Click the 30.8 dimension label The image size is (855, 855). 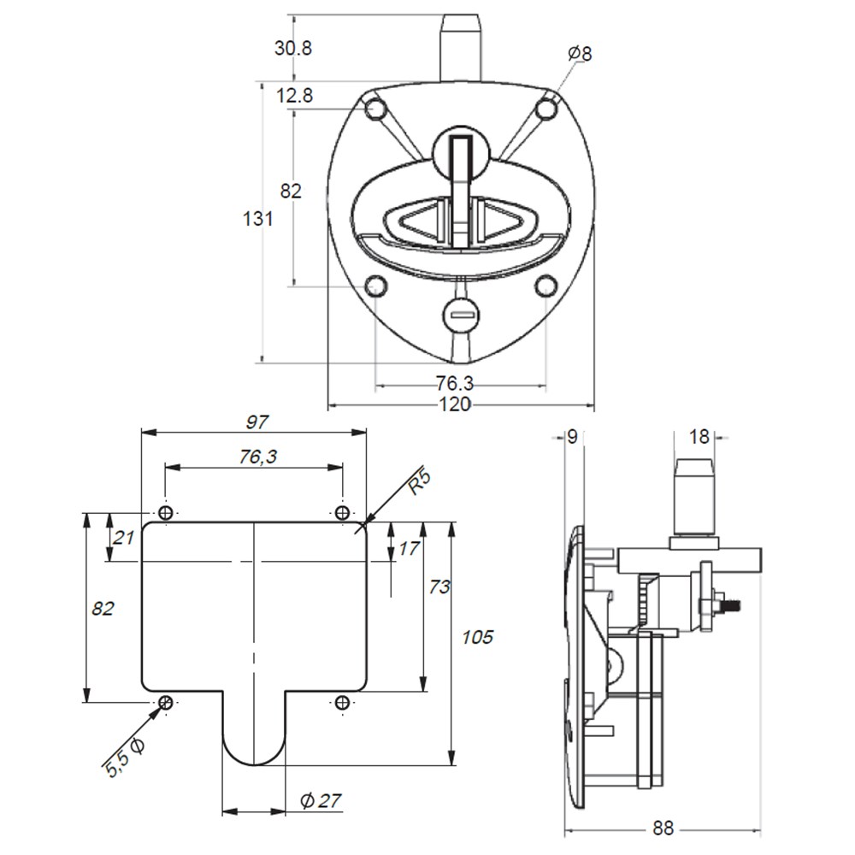292,48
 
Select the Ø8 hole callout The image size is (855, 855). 580,53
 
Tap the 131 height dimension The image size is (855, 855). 257,219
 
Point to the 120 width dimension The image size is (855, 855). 455,404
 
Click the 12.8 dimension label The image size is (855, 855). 294,96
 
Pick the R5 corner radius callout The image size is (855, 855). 420,482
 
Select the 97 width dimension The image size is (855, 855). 256,422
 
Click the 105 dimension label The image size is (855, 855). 478,637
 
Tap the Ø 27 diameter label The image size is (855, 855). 321,800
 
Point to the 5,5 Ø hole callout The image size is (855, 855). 125,758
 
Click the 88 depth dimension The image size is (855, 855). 663,828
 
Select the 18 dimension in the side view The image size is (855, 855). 699,437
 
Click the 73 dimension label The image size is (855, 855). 439,587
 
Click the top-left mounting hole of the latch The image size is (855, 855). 375,109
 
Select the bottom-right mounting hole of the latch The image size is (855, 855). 545,286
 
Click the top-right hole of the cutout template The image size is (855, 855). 342,512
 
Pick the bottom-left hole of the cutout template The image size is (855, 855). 166,702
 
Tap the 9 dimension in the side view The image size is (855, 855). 572,437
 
